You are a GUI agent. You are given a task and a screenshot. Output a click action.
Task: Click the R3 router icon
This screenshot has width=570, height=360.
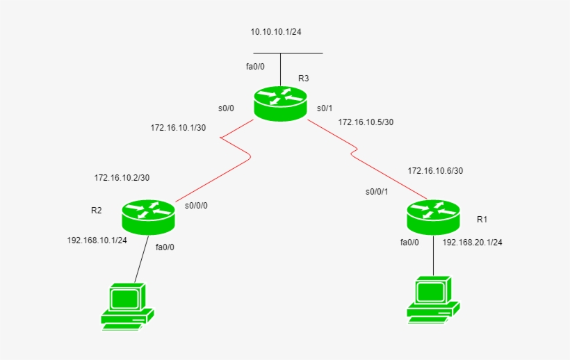click(280, 103)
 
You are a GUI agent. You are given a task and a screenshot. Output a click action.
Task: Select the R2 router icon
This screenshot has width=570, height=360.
click(148, 215)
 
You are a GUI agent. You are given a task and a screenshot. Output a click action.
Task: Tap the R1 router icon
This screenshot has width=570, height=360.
click(433, 216)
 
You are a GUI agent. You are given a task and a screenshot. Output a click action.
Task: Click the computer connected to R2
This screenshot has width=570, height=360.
click(127, 306)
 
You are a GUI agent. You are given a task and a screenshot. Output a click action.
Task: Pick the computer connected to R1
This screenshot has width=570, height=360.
click(432, 300)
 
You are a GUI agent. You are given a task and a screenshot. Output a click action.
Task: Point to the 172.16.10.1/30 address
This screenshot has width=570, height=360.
click(179, 128)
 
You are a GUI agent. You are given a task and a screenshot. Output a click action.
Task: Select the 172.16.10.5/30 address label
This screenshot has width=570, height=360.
click(366, 122)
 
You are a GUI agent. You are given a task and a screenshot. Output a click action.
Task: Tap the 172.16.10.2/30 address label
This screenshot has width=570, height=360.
click(122, 178)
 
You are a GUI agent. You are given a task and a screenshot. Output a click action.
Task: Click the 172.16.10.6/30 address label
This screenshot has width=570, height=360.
click(435, 170)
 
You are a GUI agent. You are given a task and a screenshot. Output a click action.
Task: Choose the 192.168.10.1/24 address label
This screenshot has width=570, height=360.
click(97, 240)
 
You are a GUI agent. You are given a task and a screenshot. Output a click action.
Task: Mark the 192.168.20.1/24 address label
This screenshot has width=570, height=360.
click(472, 243)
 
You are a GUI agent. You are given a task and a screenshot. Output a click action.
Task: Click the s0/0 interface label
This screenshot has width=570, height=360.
click(226, 108)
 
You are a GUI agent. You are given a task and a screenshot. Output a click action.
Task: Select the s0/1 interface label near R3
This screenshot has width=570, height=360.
click(325, 108)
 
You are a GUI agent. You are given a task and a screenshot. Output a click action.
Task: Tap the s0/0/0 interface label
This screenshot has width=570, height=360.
click(196, 206)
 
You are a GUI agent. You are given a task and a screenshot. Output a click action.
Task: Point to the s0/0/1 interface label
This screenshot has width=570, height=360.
click(376, 191)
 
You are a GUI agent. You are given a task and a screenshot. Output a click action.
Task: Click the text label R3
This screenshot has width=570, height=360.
click(303, 79)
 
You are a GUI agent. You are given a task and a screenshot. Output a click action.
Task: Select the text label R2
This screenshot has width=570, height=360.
click(97, 210)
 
